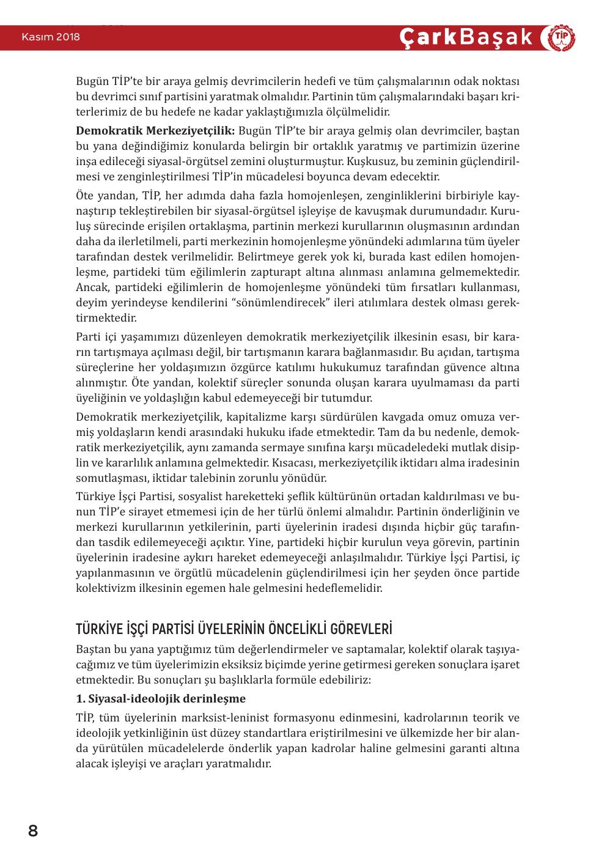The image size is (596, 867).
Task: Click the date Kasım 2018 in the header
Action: [51, 37]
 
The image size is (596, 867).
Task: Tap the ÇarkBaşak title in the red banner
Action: [466, 37]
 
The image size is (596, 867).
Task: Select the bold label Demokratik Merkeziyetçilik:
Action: [155, 131]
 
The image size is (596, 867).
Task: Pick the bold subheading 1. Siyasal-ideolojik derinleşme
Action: [161, 699]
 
